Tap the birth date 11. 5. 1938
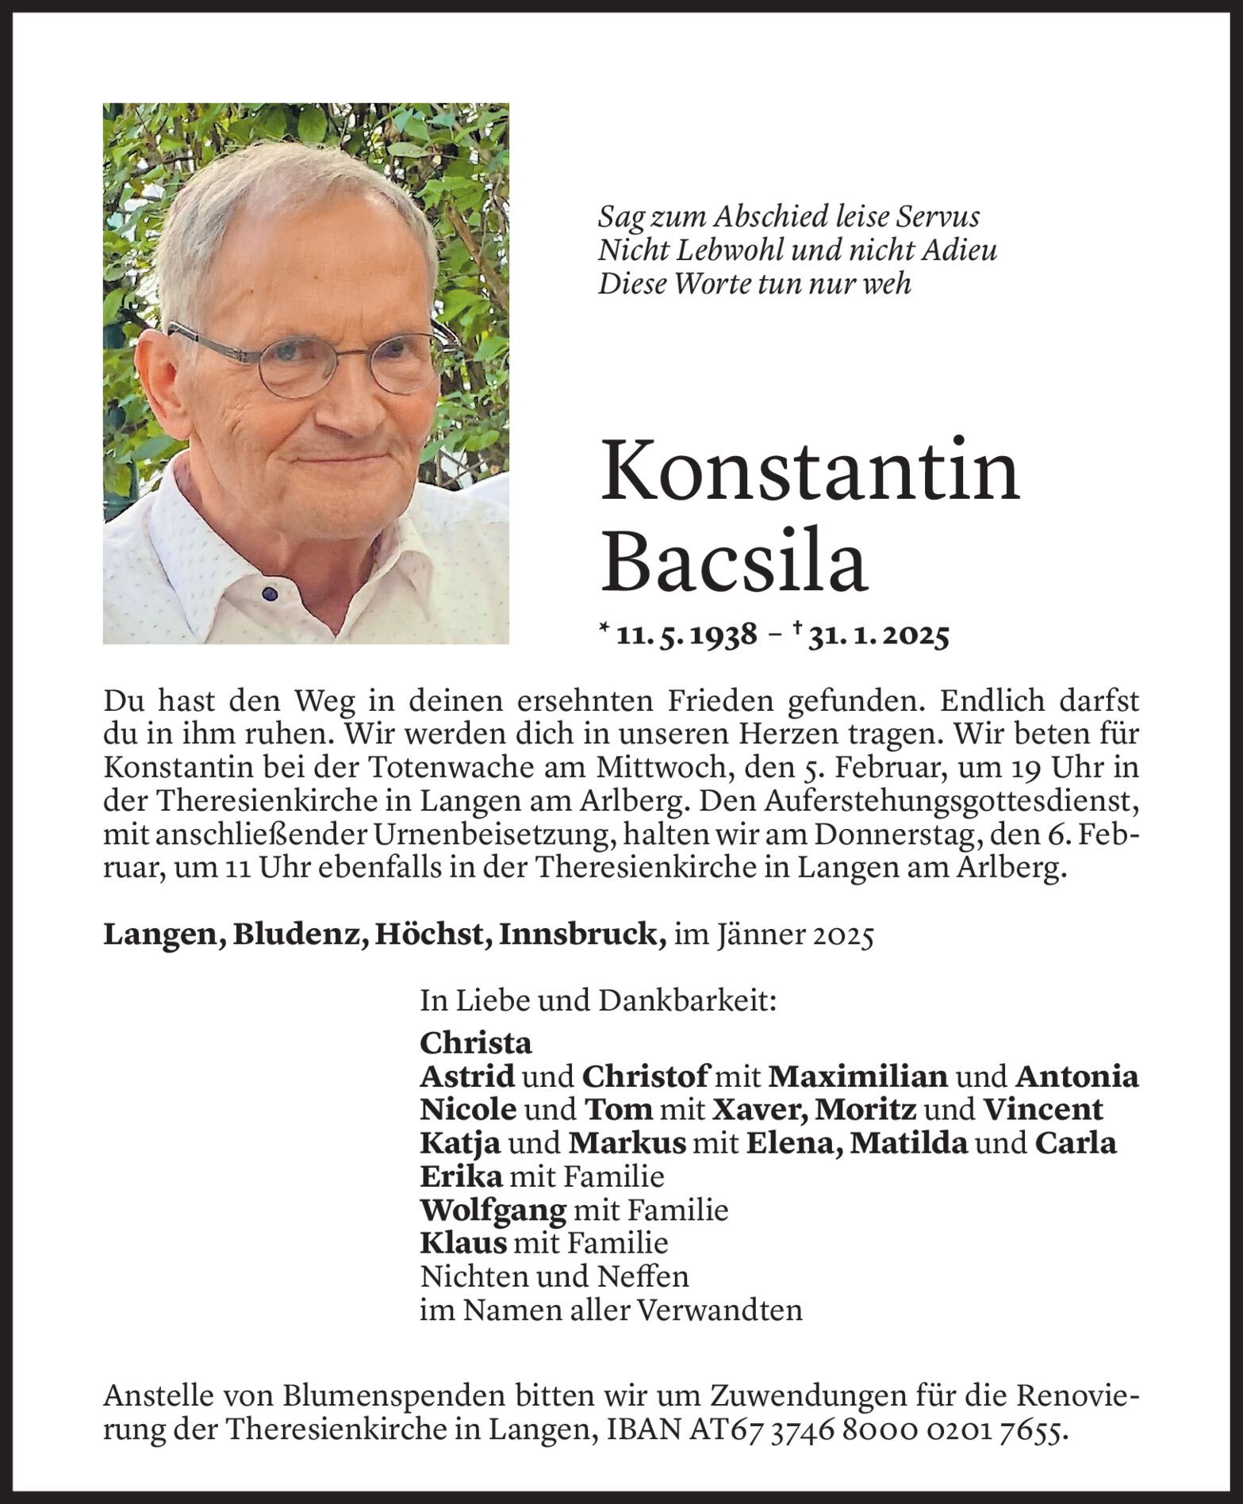click(689, 637)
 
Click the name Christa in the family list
click(476, 1042)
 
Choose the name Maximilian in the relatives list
click(858, 1076)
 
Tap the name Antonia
click(1076, 1076)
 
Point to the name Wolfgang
click(493, 1210)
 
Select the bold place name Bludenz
click(299, 936)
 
